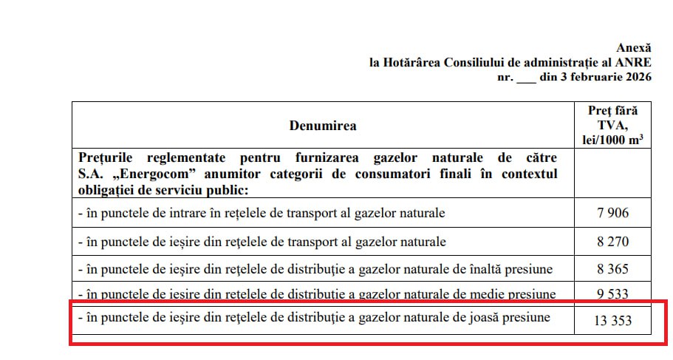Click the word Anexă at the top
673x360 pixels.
coord(635,47)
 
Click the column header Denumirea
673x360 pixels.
coord(323,126)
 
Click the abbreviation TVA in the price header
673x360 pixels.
coord(612,126)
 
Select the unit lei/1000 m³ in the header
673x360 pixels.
coord(612,140)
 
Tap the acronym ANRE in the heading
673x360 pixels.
coord(634,62)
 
